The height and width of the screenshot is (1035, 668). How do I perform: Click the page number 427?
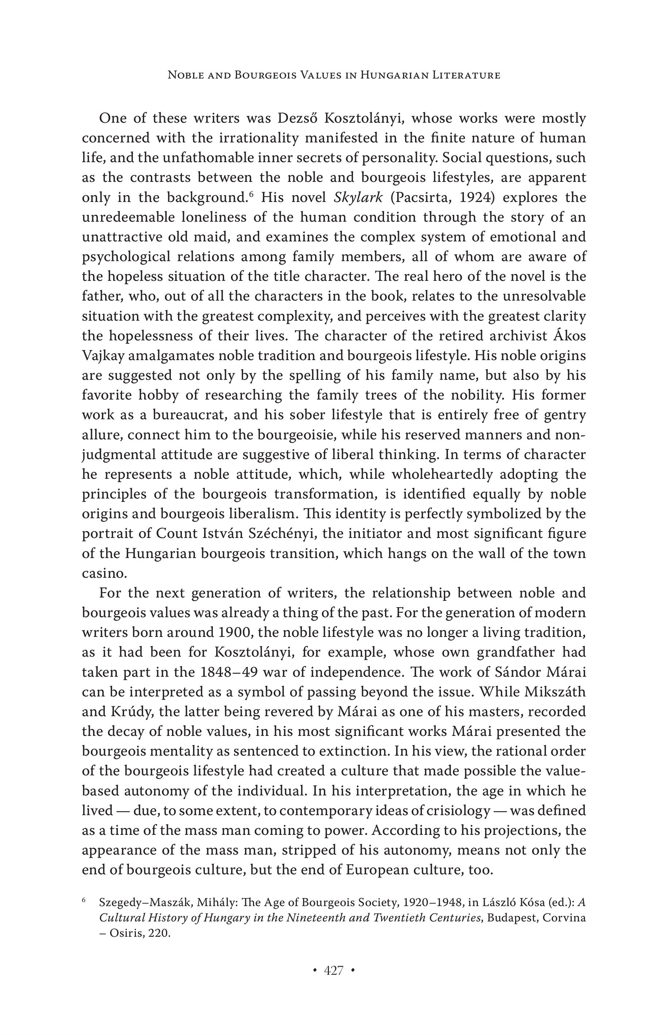334,970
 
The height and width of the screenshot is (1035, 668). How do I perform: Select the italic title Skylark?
358,198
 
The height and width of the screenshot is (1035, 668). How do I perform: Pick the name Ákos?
570,336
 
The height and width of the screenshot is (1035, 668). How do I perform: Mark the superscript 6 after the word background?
251,194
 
